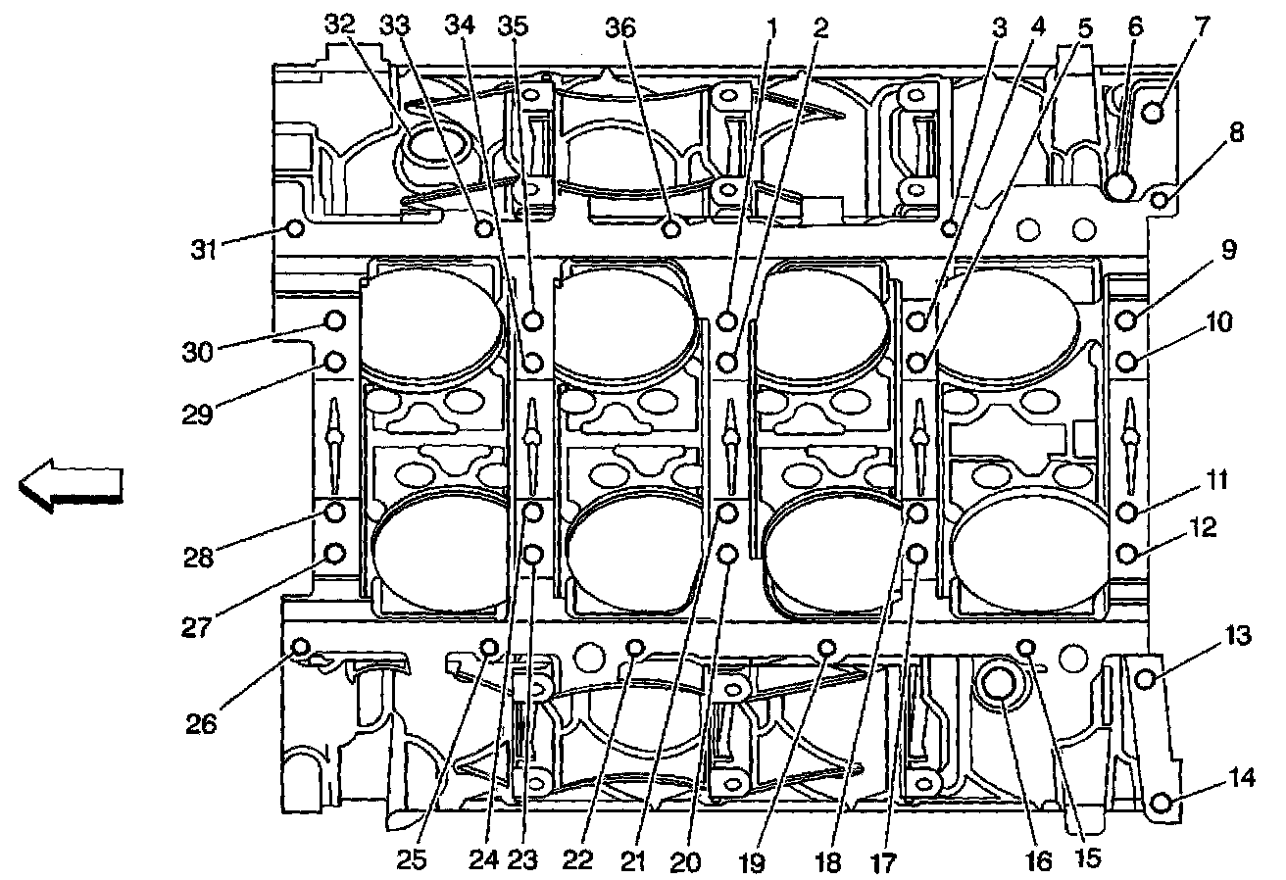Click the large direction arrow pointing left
click(72, 487)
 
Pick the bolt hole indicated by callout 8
click(1161, 200)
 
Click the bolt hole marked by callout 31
click(292, 229)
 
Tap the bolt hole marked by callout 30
click(334, 320)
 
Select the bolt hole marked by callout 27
click(334, 554)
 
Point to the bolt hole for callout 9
click(1126, 318)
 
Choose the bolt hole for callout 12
click(1126, 555)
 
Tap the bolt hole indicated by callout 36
click(671, 229)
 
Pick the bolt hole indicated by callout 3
click(949, 228)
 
